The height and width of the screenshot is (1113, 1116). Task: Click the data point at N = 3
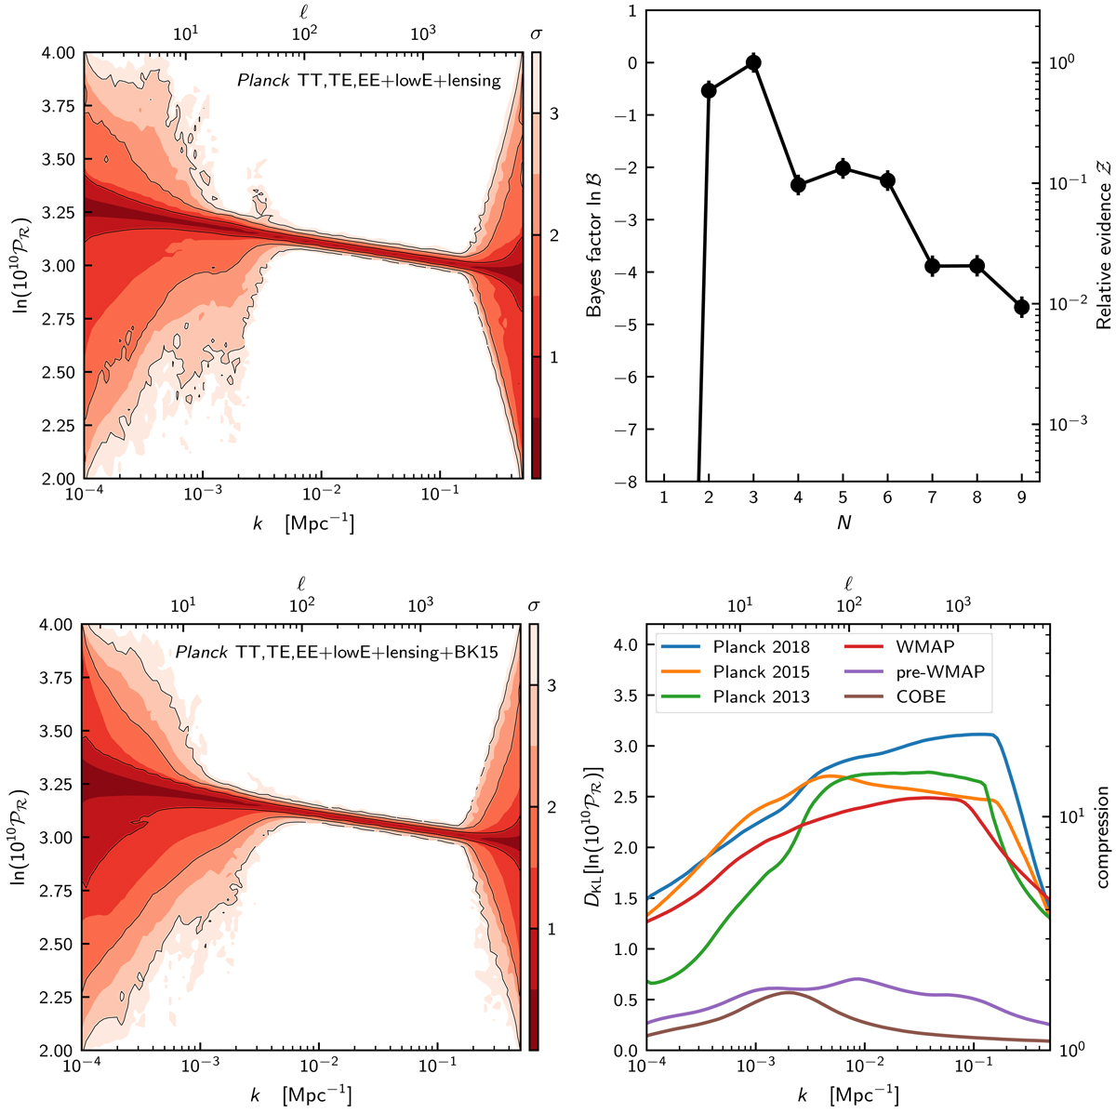(x=753, y=63)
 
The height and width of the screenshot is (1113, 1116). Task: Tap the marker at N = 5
(x=843, y=168)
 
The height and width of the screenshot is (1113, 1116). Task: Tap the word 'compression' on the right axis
(x=1103, y=837)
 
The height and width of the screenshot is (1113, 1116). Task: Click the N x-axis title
(x=843, y=523)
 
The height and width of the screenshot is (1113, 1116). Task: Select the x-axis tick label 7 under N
(x=932, y=499)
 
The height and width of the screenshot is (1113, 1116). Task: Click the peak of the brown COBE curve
(x=789, y=992)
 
